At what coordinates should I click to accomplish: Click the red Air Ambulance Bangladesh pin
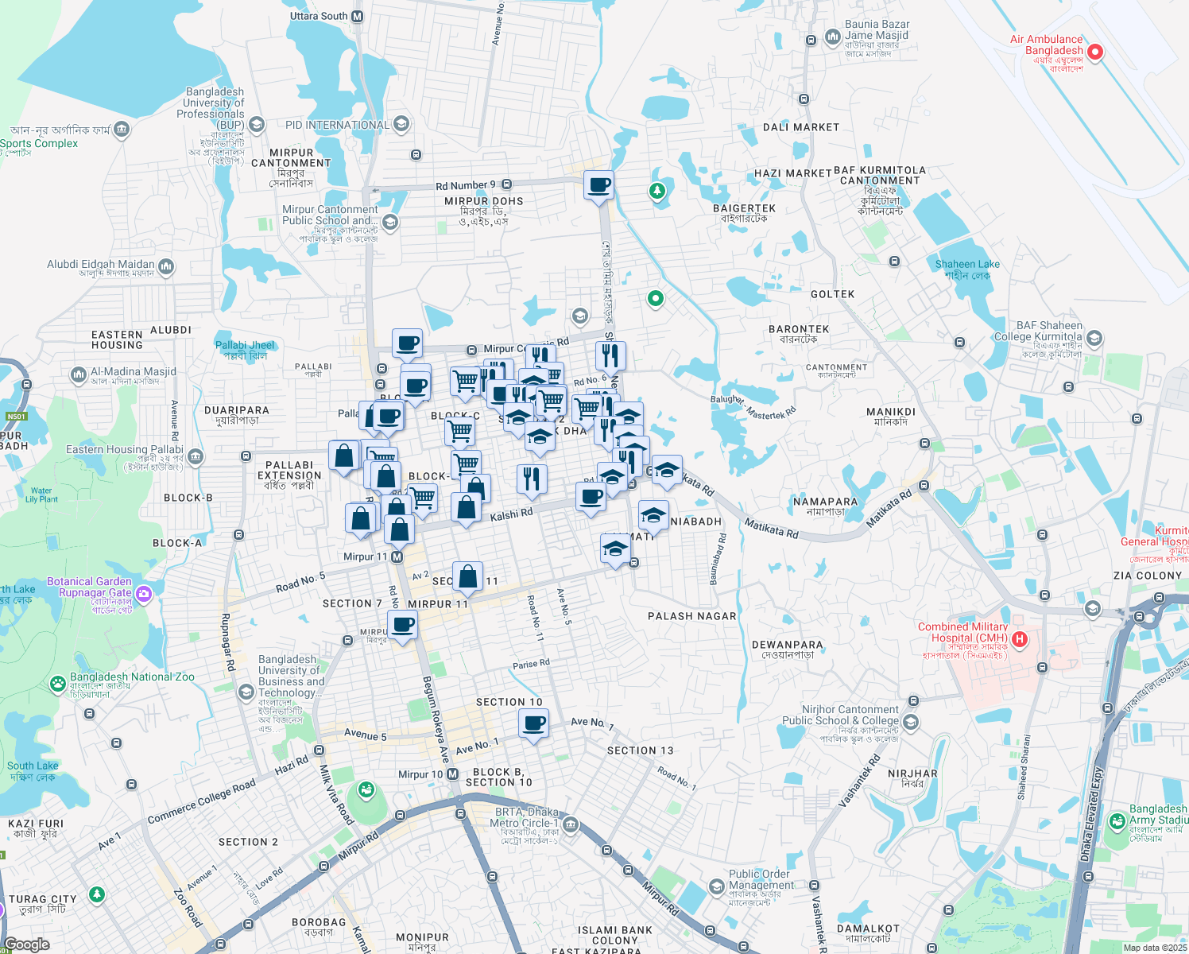pos(1094,52)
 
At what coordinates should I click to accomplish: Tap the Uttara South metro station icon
pos(357,16)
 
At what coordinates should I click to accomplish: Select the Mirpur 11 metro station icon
pos(397,557)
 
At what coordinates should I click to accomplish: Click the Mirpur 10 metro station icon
pos(452,774)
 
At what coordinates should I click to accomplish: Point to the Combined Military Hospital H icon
pos(1021,638)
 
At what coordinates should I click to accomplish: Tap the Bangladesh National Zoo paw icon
pos(57,683)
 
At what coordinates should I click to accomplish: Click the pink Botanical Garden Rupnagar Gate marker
pos(143,593)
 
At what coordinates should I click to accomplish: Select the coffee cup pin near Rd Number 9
pos(598,185)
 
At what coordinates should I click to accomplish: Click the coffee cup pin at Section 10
pos(533,723)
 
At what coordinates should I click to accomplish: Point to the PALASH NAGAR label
pos(691,616)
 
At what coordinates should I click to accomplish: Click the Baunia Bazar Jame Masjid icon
pos(832,37)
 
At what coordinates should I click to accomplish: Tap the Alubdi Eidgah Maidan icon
pos(166,266)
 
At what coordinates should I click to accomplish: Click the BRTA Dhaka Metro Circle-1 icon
pos(570,824)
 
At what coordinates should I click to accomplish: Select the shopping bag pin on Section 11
pos(468,576)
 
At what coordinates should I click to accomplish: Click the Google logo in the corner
pos(26,944)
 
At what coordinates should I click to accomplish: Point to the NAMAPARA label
pos(825,502)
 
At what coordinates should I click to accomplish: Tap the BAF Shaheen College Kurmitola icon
pos(1094,339)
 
